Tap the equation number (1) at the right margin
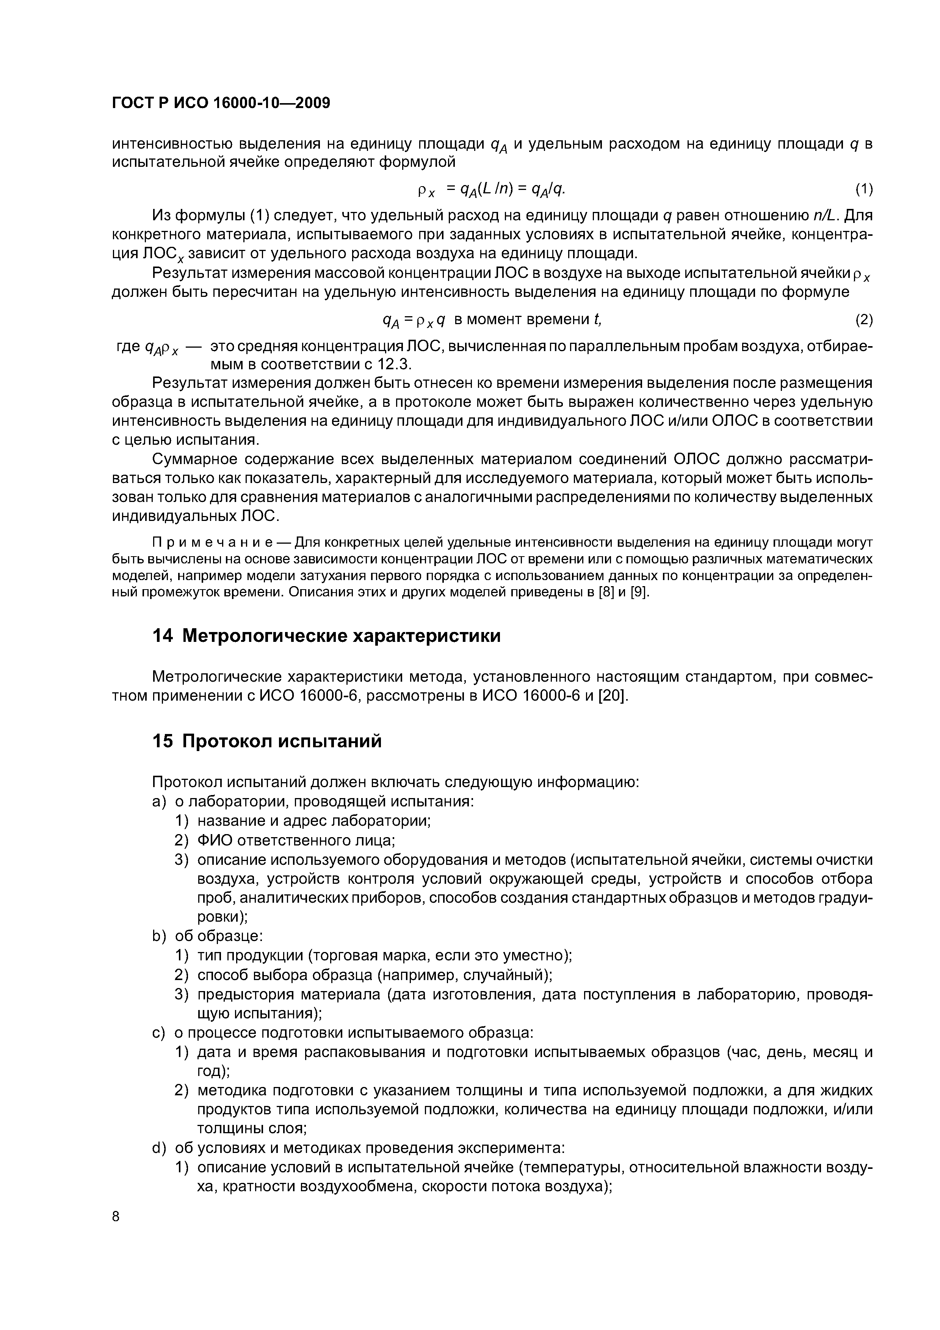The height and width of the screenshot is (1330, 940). (863, 190)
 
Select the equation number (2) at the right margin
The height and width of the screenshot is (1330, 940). (863, 320)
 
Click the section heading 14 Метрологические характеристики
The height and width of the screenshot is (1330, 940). (326, 636)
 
